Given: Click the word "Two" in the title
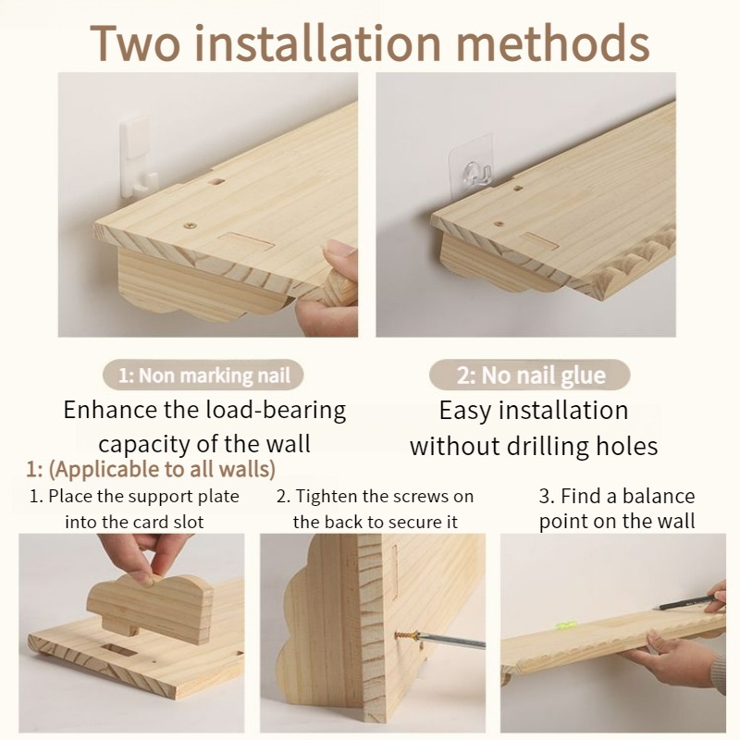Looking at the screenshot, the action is pos(135,43).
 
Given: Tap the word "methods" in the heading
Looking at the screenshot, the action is pos(552,43).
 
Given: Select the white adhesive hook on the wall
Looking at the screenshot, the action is pos(137,157).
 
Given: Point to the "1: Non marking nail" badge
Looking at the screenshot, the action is pos(203,376).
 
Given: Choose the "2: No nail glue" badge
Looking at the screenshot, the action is pos(529,376).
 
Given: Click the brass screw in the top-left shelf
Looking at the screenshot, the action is pos(191,225).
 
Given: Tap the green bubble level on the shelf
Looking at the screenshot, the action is pos(563,626).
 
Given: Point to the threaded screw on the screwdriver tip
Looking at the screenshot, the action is pos(406,635).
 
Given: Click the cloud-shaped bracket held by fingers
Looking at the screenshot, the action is pos(151,607).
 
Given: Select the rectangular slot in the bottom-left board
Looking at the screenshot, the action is pos(118,652).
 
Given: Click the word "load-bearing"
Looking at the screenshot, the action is pos(281,410).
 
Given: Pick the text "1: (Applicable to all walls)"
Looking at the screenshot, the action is pos(151,470).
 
